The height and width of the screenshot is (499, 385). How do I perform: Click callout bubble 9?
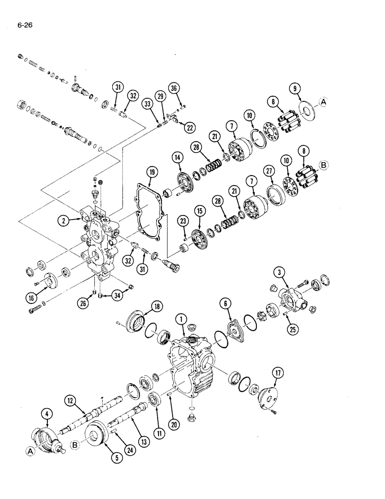[x=296, y=90]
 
